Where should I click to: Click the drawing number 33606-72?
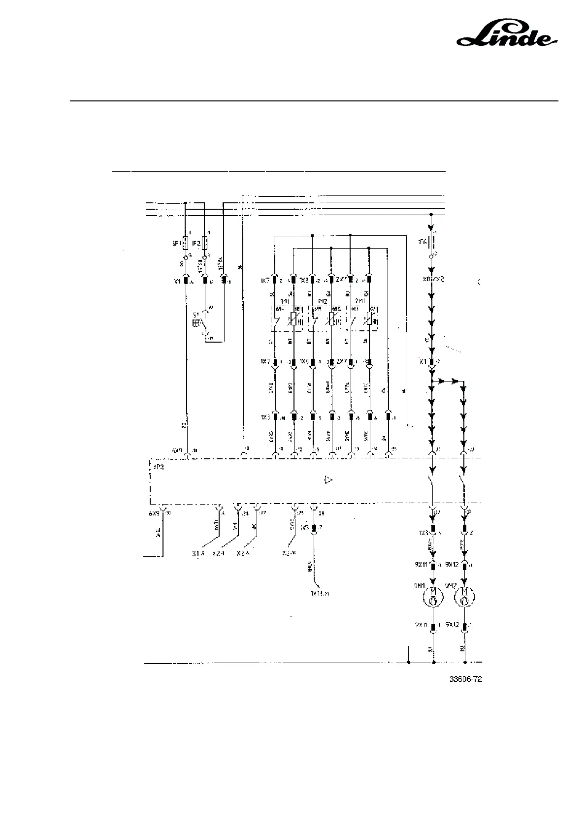click(465, 679)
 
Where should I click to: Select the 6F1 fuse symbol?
click(185, 243)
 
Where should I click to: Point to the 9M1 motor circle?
click(433, 598)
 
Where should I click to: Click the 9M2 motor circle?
click(464, 598)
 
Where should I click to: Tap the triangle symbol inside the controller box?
click(328, 479)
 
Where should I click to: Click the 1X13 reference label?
click(319, 594)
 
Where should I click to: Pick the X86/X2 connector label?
click(434, 279)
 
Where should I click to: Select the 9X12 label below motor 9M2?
click(452, 624)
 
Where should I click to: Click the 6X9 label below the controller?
click(155, 513)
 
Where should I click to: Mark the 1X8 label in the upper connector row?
click(303, 281)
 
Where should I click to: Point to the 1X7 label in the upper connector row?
click(265, 281)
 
